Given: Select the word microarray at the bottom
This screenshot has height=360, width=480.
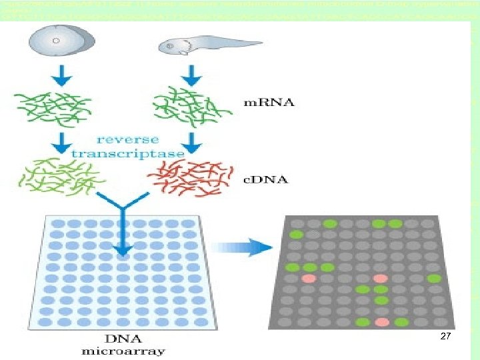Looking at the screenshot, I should click(123, 351).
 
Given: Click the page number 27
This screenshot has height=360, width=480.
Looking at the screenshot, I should click(446, 338).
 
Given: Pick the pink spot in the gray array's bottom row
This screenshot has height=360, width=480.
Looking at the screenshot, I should click(381, 323).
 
